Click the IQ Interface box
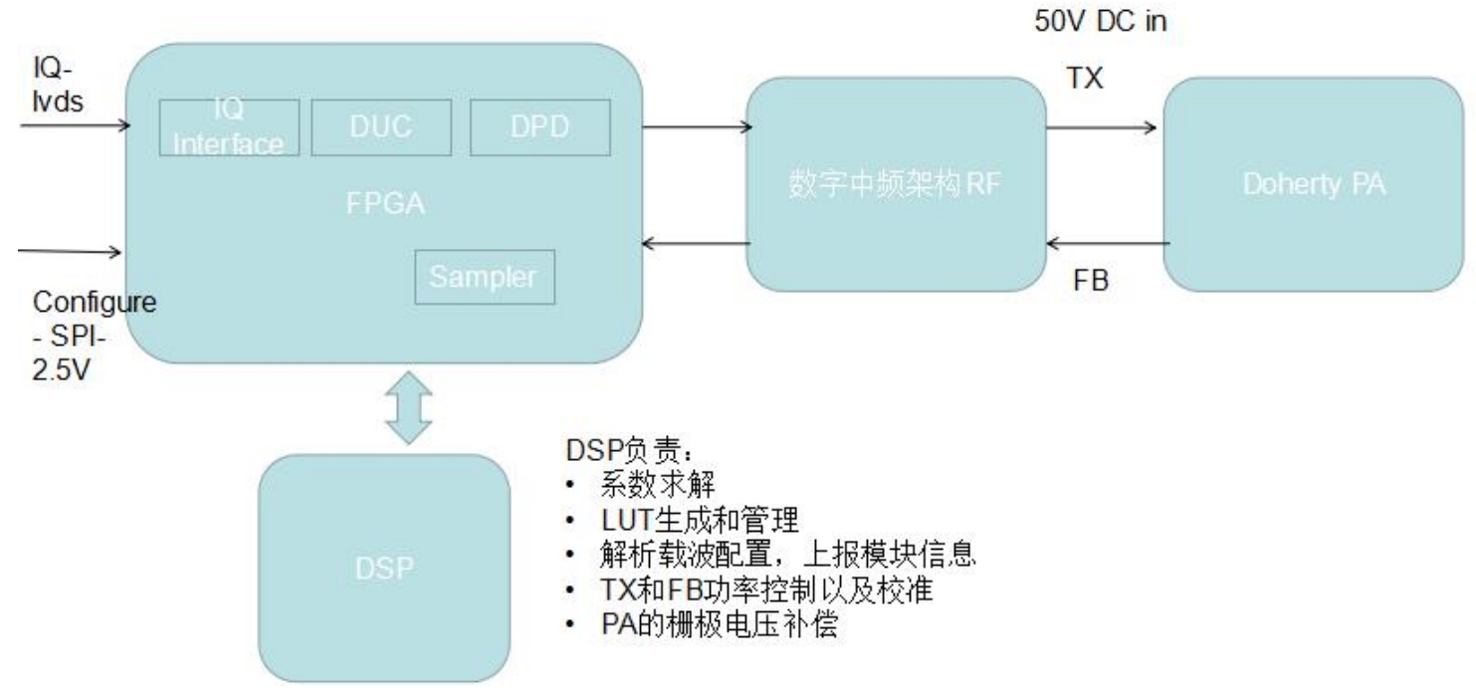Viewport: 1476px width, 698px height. point(228,128)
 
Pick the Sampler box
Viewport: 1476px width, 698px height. point(485,278)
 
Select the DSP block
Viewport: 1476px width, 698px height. point(384,568)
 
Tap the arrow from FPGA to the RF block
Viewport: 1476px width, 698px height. point(698,127)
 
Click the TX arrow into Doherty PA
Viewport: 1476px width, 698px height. point(1101,127)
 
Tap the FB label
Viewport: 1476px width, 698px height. point(1090,282)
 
